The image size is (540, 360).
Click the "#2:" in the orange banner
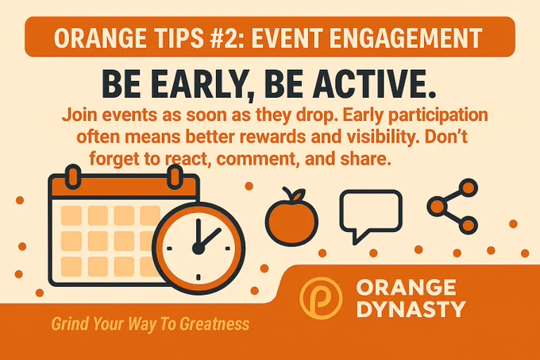pyautogui.click(x=226, y=37)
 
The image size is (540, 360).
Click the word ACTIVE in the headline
pyautogui.click(x=370, y=84)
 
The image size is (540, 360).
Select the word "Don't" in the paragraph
pyautogui.click(x=445, y=137)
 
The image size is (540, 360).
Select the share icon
pyautogui.click(x=452, y=207)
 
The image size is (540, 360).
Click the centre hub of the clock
pyautogui.click(x=198, y=249)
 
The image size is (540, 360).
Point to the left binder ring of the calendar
pyautogui.click(x=73, y=176)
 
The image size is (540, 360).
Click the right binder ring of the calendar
pyautogui.click(x=175, y=176)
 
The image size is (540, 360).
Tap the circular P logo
pyautogui.click(x=321, y=298)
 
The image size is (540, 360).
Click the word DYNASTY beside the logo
pyautogui.click(x=411, y=309)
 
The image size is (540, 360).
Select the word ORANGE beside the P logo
pyautogui.click(x=407, y=288)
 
